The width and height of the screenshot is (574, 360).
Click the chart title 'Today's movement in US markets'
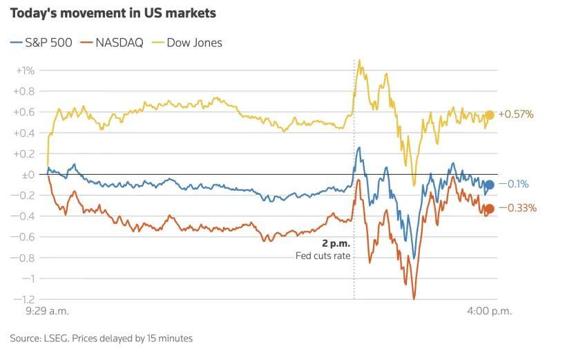pos(113,13)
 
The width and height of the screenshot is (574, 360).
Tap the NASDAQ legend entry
pos(112,43)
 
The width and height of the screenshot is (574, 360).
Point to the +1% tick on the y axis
pos(25,70)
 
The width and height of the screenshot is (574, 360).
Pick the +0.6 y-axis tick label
pos(25,112)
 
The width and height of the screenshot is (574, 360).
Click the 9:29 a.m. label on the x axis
pos(47,311)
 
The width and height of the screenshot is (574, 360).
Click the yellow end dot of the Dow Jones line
pos(489,115)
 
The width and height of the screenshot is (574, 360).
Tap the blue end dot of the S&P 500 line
pos(489,184)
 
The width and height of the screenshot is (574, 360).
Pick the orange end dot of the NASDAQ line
pos(489,209)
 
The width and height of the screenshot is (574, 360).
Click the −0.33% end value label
pos(517,209)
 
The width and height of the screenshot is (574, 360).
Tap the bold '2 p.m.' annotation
pos(336,244)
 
